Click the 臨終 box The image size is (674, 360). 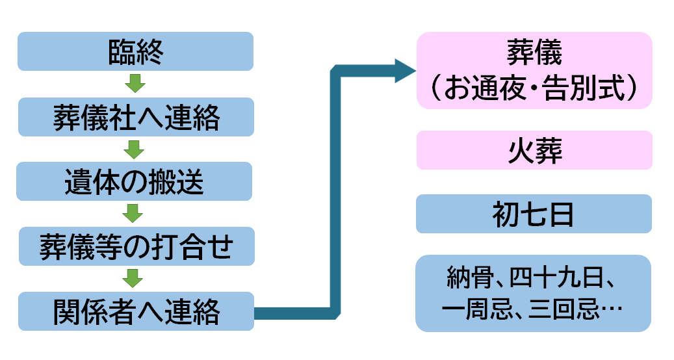pyautogui.click(x=135, y=51)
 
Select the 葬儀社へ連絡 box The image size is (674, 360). pyautogui.click(x=135, y=117)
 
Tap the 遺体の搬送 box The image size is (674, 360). pyautogui.click(x=134, y=181)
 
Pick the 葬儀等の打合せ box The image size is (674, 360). pyautogui.click(x=135, y=246)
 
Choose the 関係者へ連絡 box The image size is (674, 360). pyautogui.click(x=135, y=311)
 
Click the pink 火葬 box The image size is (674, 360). pyautogui.click(x=534, y=150)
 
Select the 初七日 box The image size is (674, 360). pyautogui.click(x=534, y=214)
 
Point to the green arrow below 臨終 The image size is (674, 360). pyautogui.click(x=135, y=84)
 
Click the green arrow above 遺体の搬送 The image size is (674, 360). pyautogui.click(x=134, y=149)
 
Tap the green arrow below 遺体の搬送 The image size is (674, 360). pyautogui.click(x=134, y=213)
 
